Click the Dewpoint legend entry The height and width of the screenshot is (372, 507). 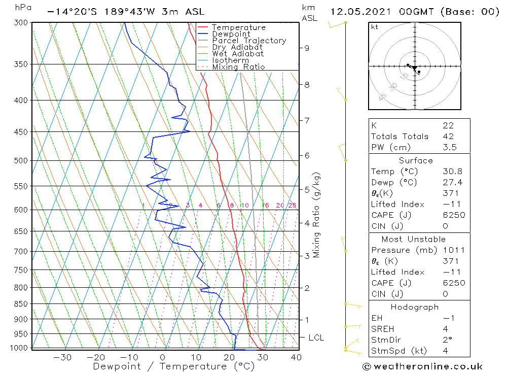point(231,34)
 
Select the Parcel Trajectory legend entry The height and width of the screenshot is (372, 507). point(249,41)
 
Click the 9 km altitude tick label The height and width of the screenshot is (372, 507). point(307,48)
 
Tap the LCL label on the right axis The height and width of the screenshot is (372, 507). point(316,337)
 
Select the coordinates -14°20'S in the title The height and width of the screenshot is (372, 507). point(69,12)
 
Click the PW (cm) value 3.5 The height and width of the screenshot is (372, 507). point(450,147)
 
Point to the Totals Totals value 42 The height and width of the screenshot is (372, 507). point(448,136)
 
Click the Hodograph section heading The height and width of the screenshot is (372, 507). point(415,307)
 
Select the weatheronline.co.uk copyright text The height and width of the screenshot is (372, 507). point(422,366)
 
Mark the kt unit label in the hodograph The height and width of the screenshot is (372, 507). point(374,27)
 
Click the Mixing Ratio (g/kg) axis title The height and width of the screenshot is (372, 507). point(317,215)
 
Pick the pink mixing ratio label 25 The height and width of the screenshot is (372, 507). point(292,205)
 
